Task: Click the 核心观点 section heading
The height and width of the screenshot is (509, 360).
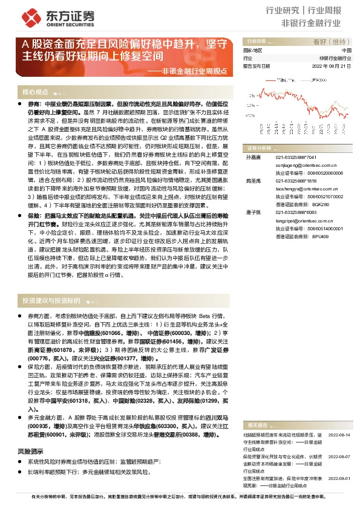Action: [x=35, y=92]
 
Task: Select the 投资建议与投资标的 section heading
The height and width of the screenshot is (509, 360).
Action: [x=51, y=300]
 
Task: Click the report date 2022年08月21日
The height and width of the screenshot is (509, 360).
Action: [x=331, y=66]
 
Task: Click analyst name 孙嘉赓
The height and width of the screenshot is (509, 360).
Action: [x=252, y=157]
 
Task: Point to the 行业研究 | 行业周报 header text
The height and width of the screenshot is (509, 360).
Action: [x=312, y=10]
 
